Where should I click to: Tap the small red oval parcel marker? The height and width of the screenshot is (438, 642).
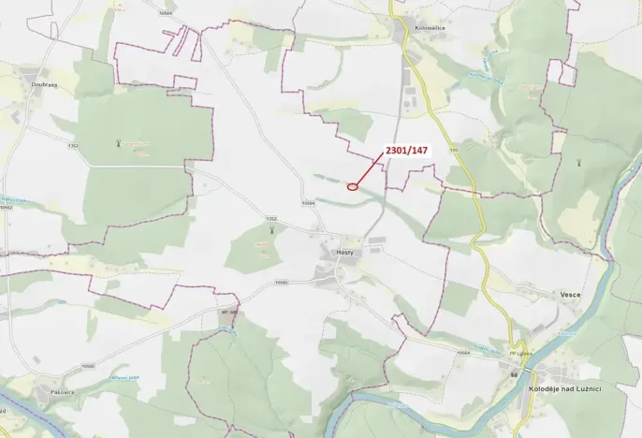pyautogui.click(x=353, y=186)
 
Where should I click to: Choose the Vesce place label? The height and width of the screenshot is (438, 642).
pyautogui.click(x=571, y=295)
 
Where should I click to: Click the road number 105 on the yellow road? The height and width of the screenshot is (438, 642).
pyautogui.click(x=454, y=149)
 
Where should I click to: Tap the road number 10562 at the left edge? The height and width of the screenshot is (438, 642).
pyautogui.click(x=7, y=208)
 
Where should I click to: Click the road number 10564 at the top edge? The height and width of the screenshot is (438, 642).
pyautogui.click(x=167, y=14)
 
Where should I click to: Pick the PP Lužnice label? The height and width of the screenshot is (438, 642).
pyautogui.click(x=520, y=354)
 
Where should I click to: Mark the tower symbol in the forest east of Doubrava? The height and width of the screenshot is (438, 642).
pyautogui.click(x=118, y=143)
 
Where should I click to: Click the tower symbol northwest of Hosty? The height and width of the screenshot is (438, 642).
pyautogui.click(x=270, y=228)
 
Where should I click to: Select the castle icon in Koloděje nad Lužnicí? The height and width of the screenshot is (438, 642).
pyautogui.click(x=515, y=374)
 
